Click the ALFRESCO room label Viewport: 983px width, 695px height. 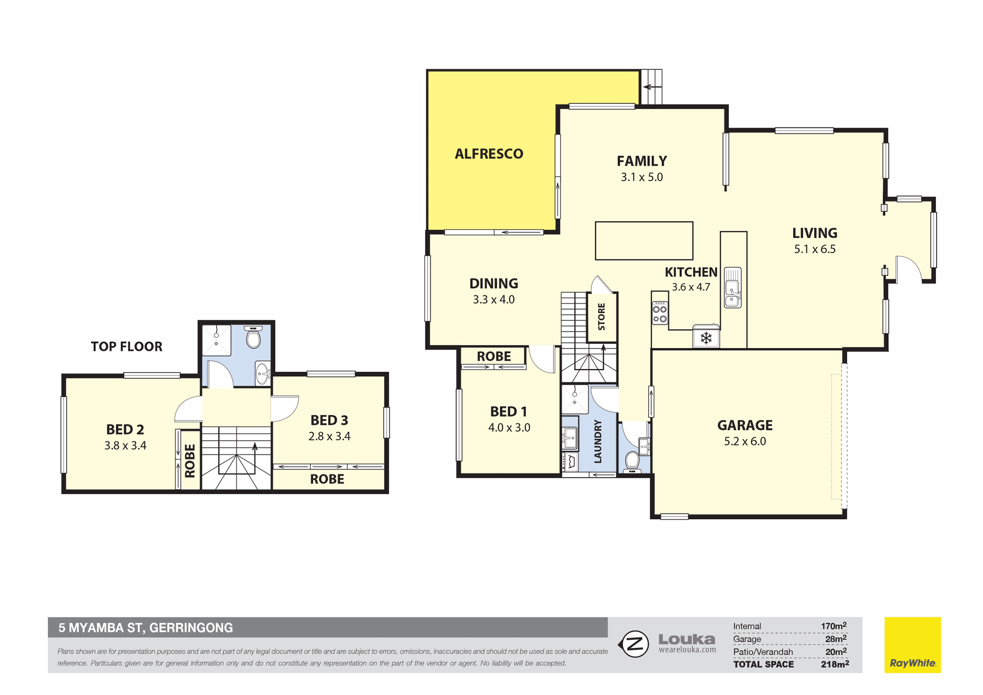tap(489, 154)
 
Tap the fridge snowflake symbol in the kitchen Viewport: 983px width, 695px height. tap(706, 338)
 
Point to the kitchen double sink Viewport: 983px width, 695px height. tap(733, 288)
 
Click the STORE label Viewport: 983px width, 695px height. tap(602, 316)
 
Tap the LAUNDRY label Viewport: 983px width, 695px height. tap(597, 442)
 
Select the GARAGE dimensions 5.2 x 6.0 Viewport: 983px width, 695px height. tap(745, 441)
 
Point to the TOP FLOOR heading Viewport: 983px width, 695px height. tap(126, 346)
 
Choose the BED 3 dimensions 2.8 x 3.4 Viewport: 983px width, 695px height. tap(329, 436)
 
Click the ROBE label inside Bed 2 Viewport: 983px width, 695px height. tap(190, 461)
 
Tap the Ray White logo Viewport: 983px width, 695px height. tap(913, 645)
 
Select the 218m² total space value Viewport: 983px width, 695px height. tap(835, 664)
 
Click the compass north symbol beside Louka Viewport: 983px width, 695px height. tap(634, 644)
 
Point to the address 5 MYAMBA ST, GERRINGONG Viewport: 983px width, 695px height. tap(145, 628)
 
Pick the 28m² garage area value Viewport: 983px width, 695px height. tap(836, 639)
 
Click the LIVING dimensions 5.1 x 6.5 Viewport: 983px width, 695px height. tap(815, 249)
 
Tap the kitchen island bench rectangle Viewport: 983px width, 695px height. tap(644, 241)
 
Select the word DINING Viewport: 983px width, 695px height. tap(494, 284)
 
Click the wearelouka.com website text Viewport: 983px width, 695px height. tap(687, 650)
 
